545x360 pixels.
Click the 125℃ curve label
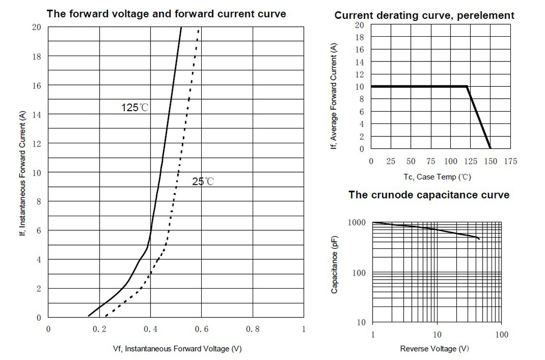click(134, 108)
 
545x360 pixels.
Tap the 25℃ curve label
click(203, 181)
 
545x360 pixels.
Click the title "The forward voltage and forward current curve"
click(166, 14)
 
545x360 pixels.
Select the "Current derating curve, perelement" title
click(424, 15)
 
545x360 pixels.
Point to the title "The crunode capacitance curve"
click(429, 195)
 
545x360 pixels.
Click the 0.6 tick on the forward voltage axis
click(201, 329)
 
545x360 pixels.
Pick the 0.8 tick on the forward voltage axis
click(253, 329)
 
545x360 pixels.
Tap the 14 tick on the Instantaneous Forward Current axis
click(37, 115)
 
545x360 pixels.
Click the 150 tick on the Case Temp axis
click(490, 161)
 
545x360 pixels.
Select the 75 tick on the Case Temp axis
click(431, 161)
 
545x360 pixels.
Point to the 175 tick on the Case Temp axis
click(511, 161)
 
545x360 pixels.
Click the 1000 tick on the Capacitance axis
click(357, 223)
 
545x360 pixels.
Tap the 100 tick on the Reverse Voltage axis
click(501, 335)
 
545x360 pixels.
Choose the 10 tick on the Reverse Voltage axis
click(437, 335)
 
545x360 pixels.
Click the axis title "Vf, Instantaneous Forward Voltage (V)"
click(177, 349)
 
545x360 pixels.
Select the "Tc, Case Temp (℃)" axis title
click(437, 177)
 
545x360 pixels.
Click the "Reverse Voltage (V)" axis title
click(435, 349)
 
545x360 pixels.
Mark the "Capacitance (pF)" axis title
click(334, 265)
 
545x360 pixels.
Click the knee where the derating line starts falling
click(466, 87)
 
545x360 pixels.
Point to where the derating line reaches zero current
click(490, 148)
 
